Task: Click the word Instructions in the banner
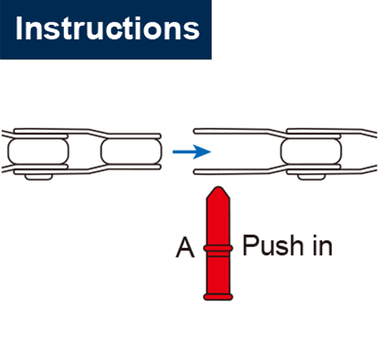108,28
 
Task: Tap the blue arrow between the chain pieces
191,152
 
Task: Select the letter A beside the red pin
185,248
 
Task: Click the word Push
273,245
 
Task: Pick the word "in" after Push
322,246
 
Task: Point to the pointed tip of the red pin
218,188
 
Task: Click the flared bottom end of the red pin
218,297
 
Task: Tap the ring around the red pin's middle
218,248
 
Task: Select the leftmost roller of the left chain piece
38,151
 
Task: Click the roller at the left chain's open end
132,151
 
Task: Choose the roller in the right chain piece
311,151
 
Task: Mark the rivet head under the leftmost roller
39,177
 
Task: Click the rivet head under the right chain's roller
310,177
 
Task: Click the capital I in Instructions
19,28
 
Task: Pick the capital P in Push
250,244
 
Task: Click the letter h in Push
295,244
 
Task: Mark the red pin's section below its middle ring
218,273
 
